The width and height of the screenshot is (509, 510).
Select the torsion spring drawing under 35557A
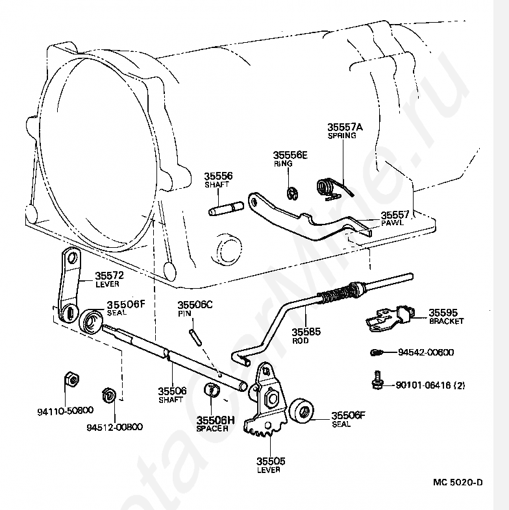[332, 188]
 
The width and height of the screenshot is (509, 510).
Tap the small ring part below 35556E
[292, 192]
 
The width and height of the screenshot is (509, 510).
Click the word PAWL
[393, 223]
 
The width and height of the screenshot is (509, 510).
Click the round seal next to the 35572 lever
[92, 321]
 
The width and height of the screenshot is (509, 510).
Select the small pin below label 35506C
[194, 336]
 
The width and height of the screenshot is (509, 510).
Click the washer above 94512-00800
[110, 395]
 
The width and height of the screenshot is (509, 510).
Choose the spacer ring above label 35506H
[211, 391]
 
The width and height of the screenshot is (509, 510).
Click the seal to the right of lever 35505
[302, 411]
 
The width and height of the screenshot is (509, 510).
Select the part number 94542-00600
[426, 352]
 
